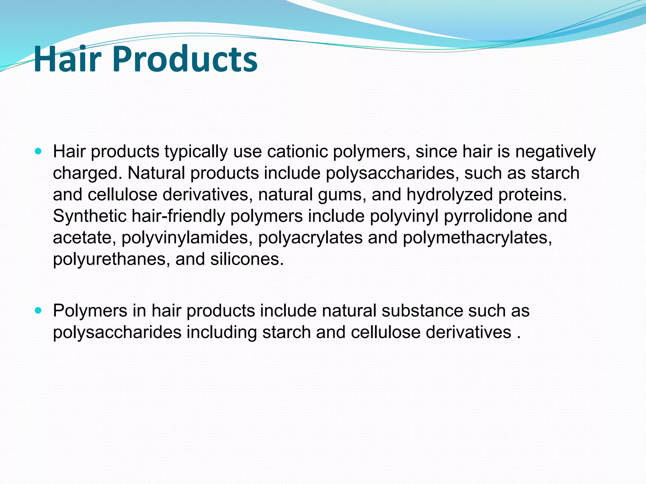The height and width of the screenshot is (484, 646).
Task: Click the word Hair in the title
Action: pos(67,59)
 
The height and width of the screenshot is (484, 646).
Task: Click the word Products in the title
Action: pos(184,59)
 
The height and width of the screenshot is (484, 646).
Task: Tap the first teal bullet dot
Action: pos(38,152)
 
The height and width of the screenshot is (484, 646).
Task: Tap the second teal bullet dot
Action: pos(38,311)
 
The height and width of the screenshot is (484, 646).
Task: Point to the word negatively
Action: pos(555,152)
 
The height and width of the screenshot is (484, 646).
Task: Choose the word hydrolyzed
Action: pos(449,195)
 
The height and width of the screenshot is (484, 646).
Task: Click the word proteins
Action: pos(532,195)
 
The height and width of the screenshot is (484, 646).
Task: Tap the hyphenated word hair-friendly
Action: pos(178,216)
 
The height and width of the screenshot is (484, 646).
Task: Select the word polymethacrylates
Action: pos(477,238)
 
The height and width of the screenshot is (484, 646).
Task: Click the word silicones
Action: pos(247,259)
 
